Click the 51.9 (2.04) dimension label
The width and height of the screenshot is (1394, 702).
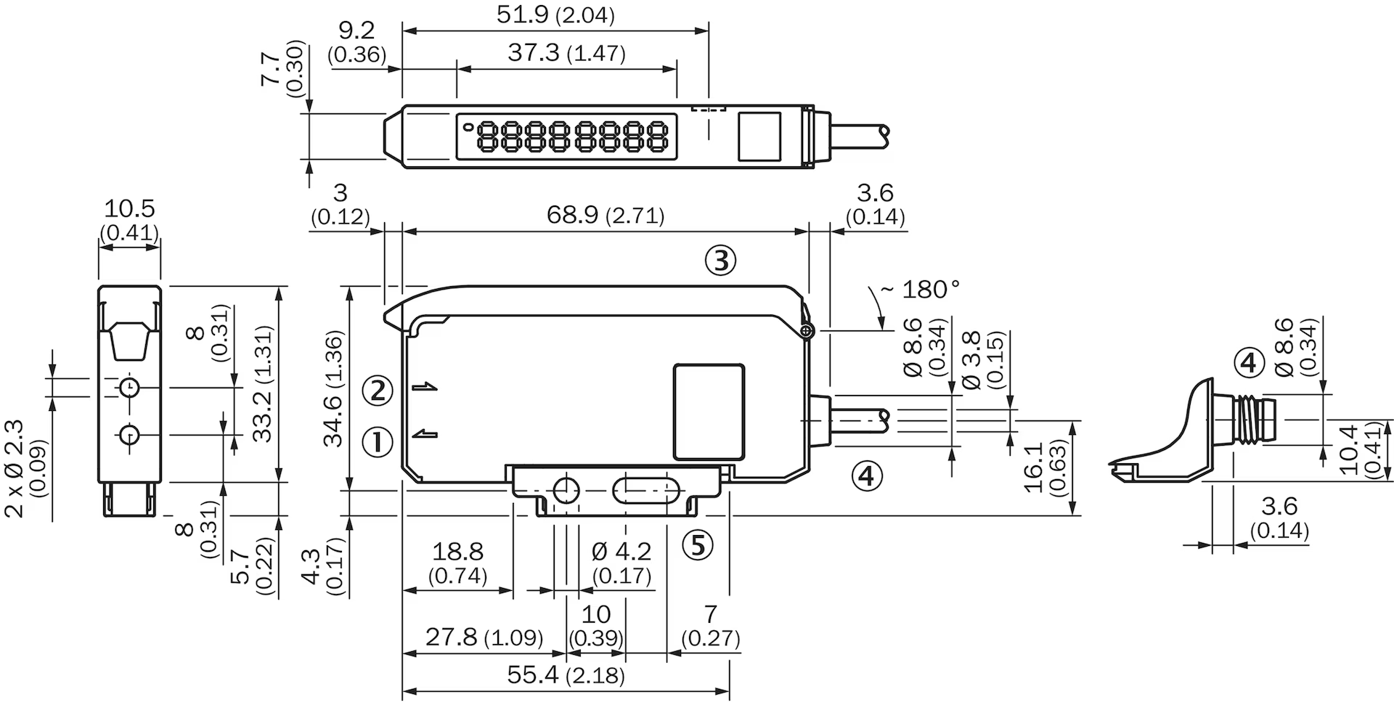point(555,15)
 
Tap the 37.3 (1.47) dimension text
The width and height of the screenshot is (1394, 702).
point(566,52)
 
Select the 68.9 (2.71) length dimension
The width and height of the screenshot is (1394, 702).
point(605,215)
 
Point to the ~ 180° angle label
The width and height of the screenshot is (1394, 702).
point(920,290)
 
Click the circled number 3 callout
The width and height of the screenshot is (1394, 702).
point(720,261)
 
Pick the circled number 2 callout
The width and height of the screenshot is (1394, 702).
point(377,391)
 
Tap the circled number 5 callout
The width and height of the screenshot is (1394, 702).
point(698,544)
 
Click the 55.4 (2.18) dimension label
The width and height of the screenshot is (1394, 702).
point(566,675)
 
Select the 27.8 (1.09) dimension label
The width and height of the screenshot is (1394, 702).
point(484,637)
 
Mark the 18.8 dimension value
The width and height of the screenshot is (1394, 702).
point(457,552)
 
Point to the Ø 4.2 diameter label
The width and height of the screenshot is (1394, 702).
point(621,552)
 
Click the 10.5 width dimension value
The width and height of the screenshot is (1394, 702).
point(129,209)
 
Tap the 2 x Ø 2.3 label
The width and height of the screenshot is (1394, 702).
point(14,469)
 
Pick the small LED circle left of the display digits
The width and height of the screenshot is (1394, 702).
point(468,127)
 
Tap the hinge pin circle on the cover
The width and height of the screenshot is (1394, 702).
point(806,332)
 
